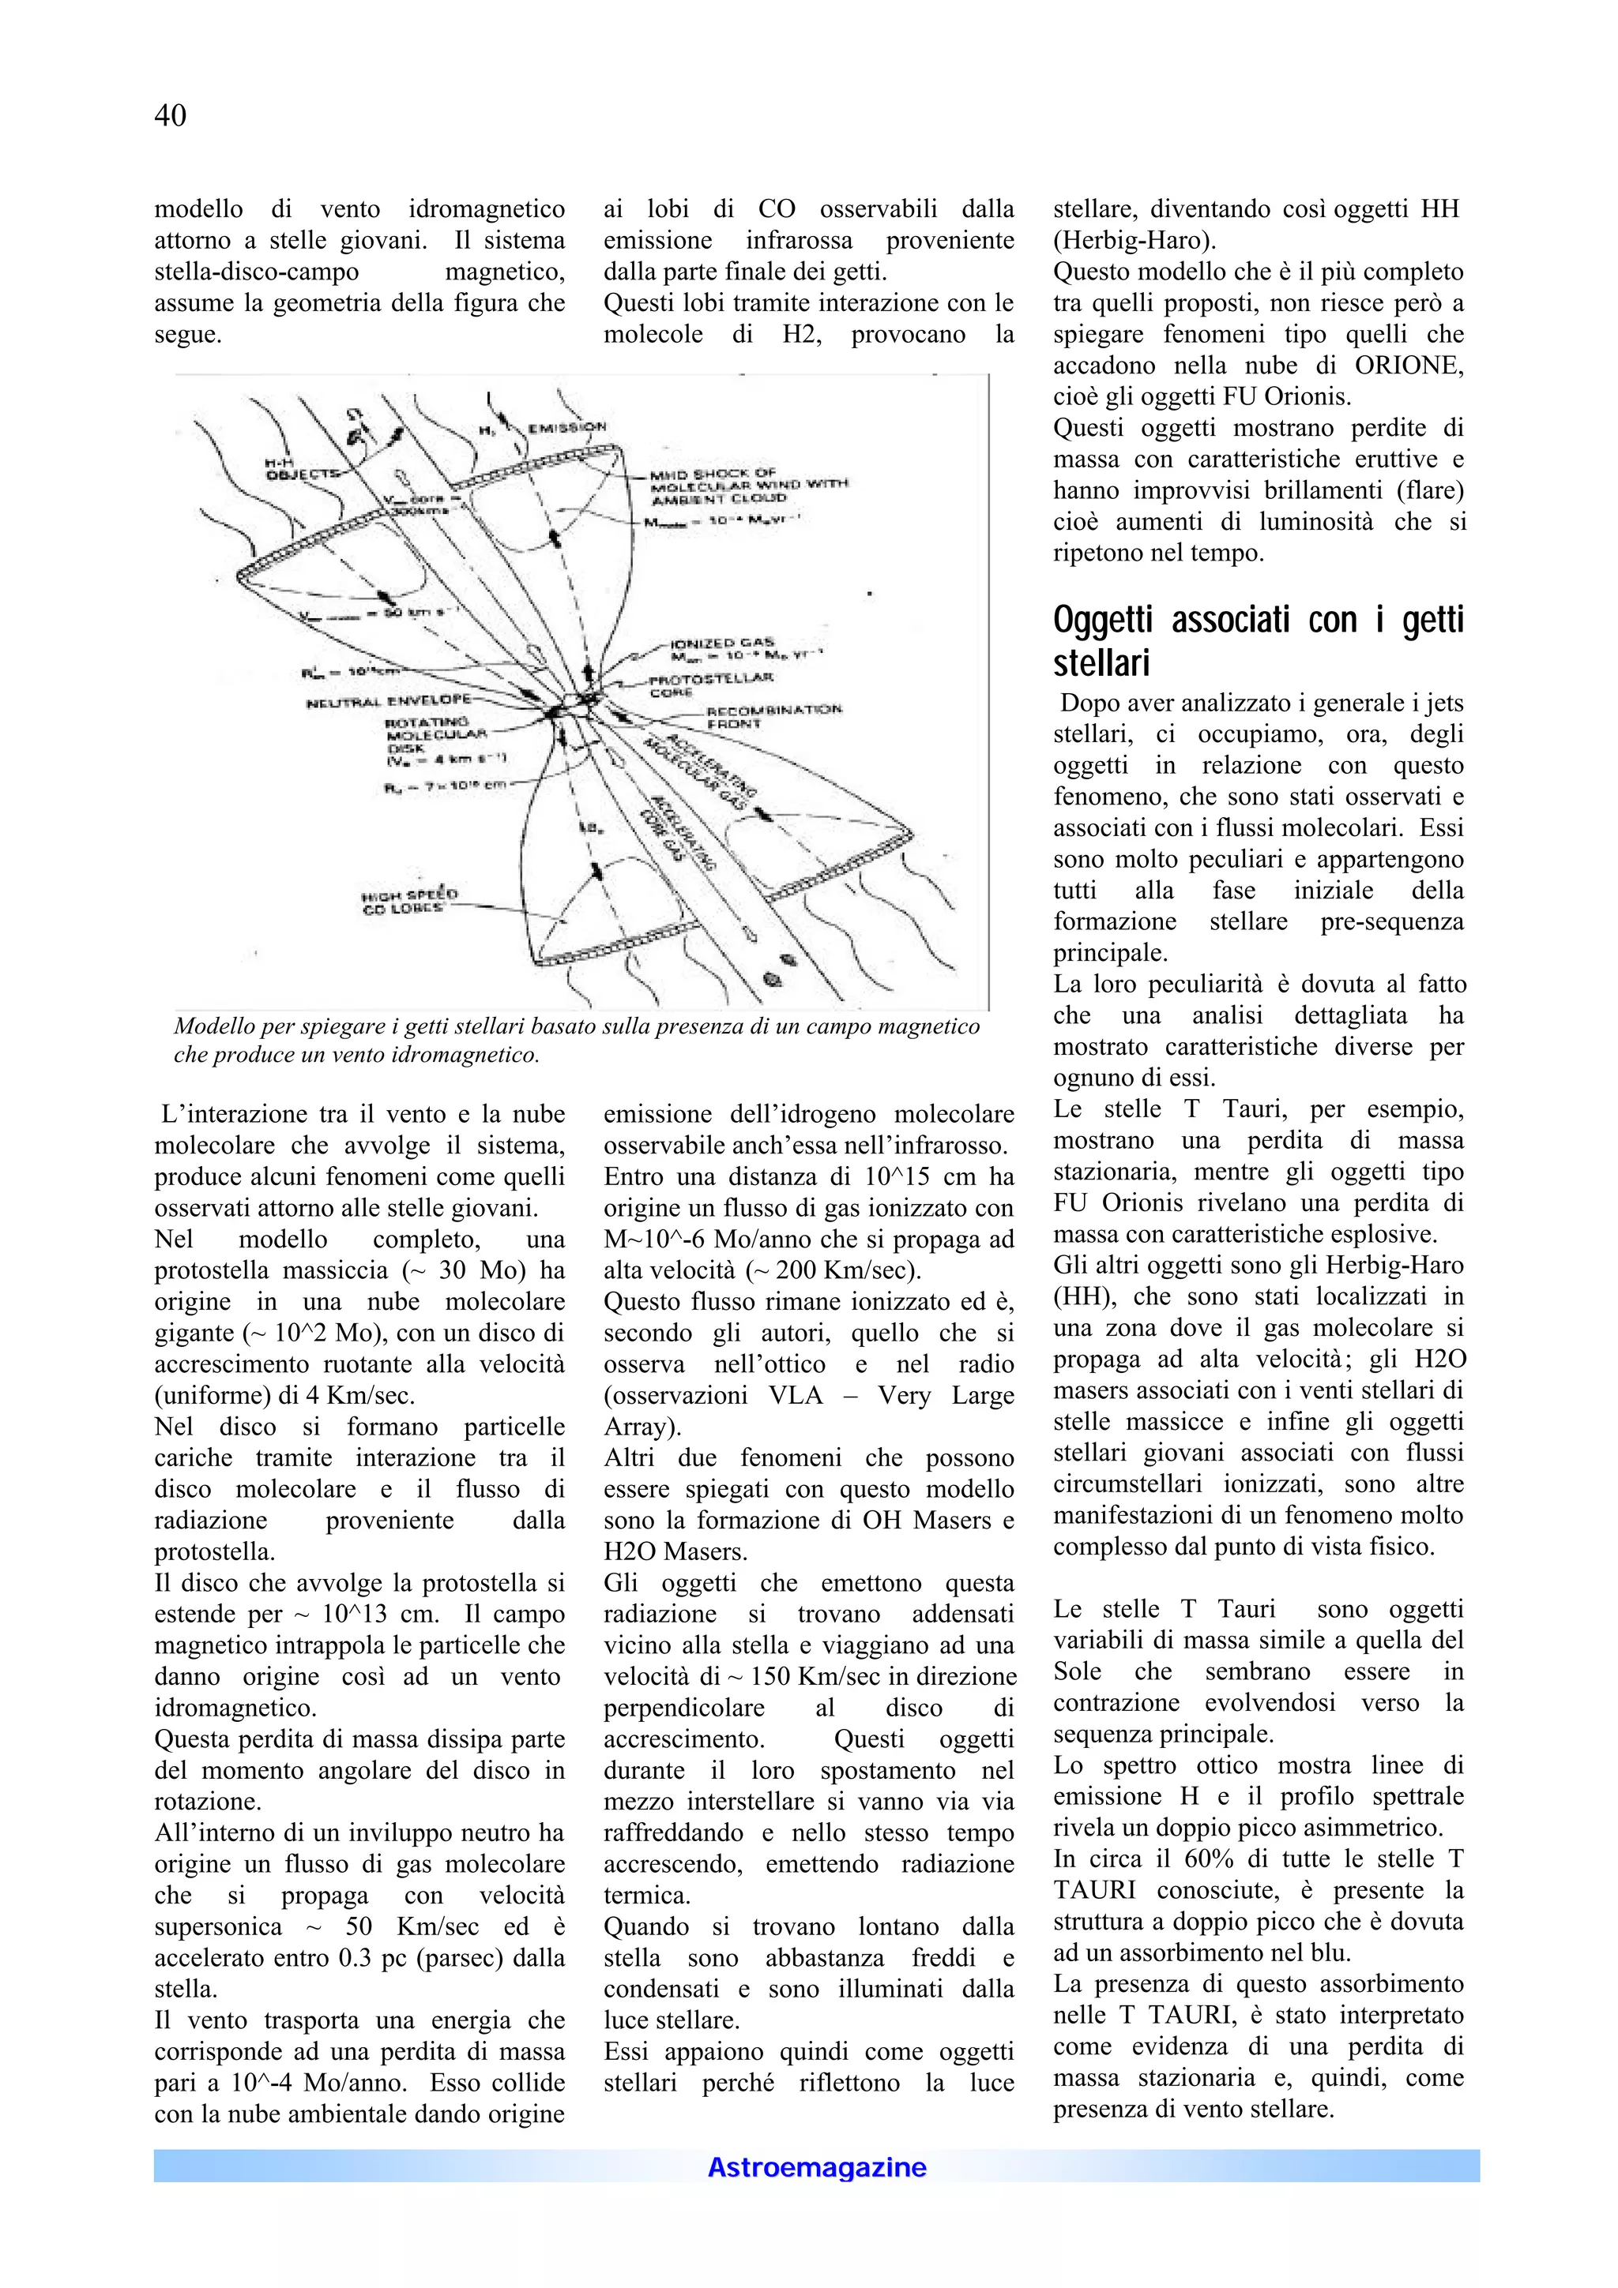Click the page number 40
pyautogui.click(x=170, y=117)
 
